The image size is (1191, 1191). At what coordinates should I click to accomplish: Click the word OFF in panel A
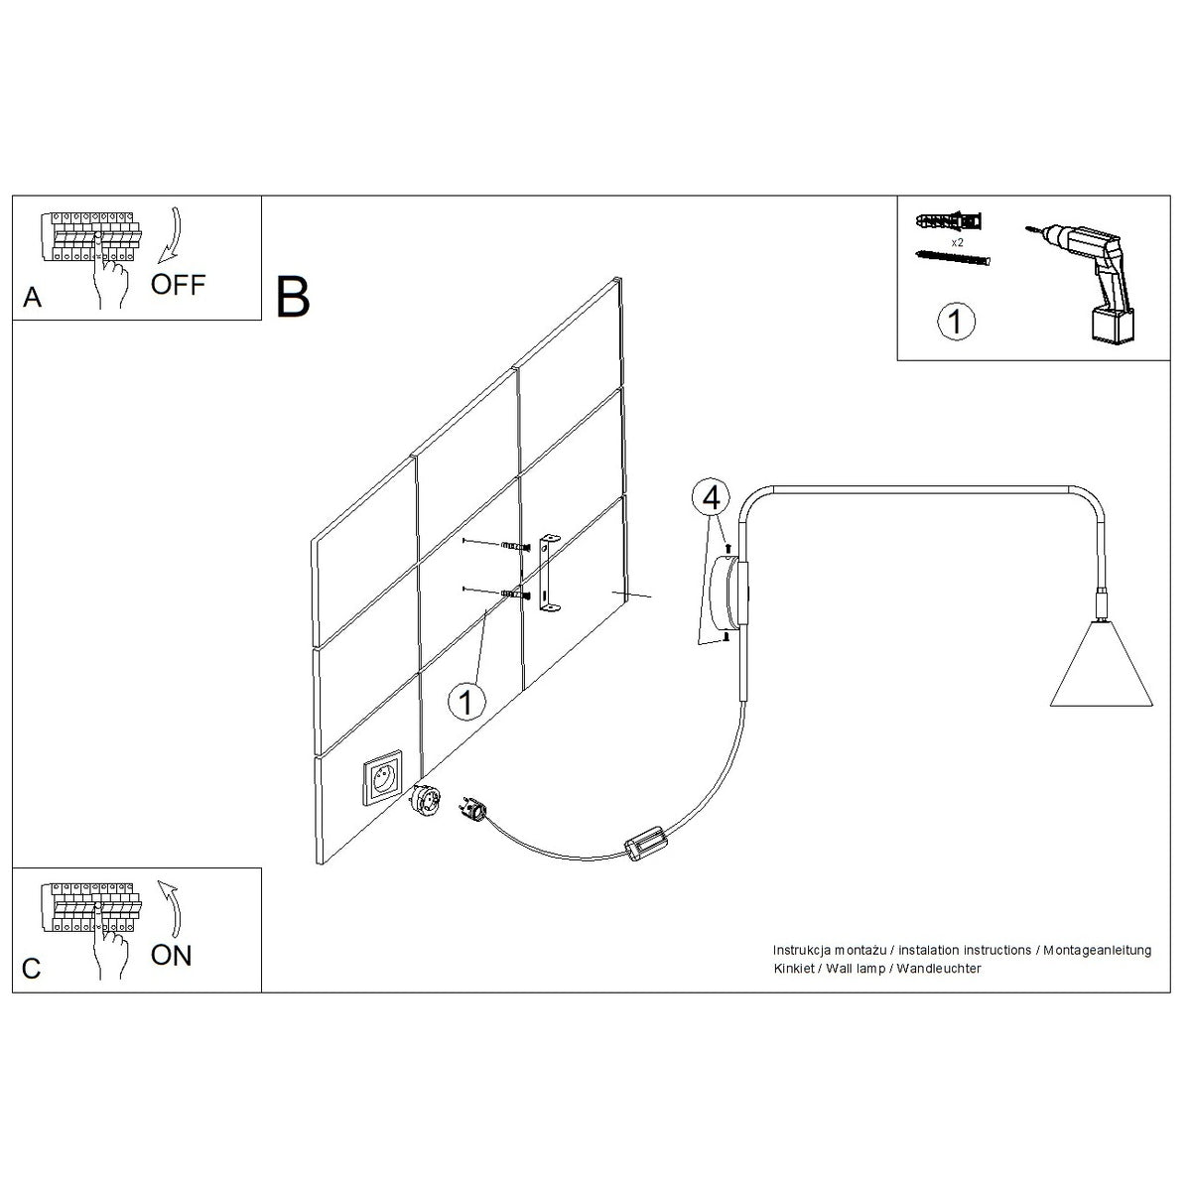click(x=178, y=284)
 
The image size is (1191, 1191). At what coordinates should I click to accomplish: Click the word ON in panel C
click(x=171, y=956)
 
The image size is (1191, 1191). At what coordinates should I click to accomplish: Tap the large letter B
click(x=293, y=298)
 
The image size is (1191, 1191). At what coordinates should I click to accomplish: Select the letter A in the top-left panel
click(x=32, y=298)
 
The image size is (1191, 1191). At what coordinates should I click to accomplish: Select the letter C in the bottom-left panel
click(x=31, y=969)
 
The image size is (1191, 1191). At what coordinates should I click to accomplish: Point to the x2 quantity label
click(x=957, y=243)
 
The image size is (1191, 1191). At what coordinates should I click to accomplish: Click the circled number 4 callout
click(x=711, y=497)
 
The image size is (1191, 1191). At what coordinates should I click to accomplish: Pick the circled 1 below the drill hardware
click(x=956, y=322)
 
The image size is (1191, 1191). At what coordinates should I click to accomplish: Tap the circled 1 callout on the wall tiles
click(x=466, y=702)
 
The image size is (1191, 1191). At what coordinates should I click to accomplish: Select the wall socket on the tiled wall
click(x=382, y=777)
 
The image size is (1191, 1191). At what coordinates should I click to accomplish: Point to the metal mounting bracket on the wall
click(x=548, y=575)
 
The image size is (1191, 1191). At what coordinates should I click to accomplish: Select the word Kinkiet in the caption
click(x=794, y=969)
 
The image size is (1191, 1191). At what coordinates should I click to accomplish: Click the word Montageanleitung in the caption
click(x=1097, y=951)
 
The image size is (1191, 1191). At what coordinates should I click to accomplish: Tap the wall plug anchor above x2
click(x=948, y=220)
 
